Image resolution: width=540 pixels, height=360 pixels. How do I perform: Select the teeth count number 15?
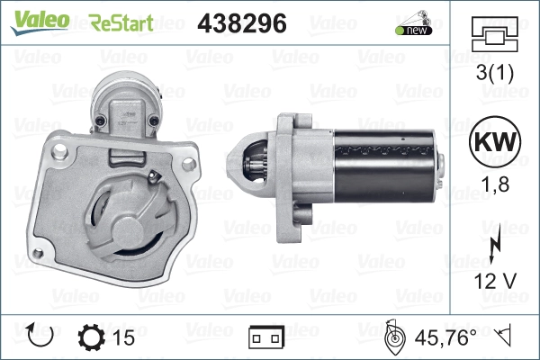(124, 337)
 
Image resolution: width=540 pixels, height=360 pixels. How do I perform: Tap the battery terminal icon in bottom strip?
(265, 338)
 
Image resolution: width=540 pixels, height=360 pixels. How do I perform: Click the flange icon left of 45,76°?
(393, 337)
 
